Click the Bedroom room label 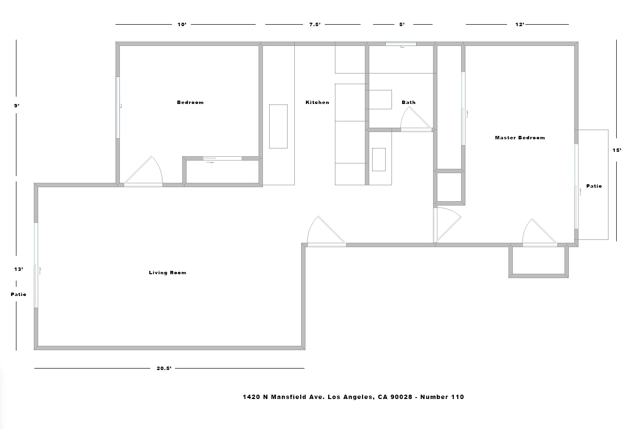coord(190,103)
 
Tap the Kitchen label coord(318,103)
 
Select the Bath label coord(409,103)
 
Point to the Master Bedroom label coord(520,138)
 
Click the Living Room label coord(168,273)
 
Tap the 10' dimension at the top coord(182,25)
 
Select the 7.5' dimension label coord(315,25)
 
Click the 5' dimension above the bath coord(402,25)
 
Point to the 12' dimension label coord(520,25)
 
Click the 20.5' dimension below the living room coord(164,369)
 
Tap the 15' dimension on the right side coord(617,150)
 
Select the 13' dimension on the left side coord(19,269)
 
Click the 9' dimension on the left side coord(17,106)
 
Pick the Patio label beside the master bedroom coord(594,186)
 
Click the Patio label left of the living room coord(18,295)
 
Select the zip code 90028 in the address coord(401,397)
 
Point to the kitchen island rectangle coord(278,126)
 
